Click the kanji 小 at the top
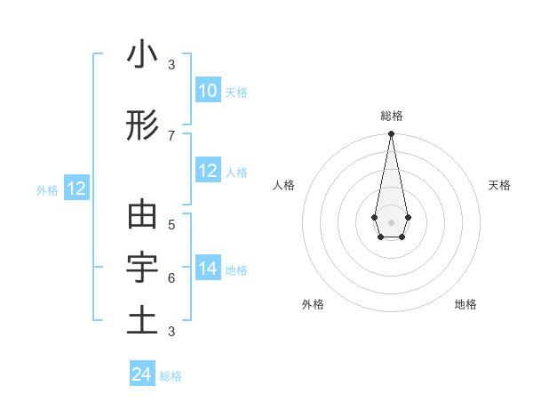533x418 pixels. point(142,55)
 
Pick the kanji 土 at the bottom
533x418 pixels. point(142,320)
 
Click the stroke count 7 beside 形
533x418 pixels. point(171,135)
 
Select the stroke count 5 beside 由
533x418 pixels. point(171,224)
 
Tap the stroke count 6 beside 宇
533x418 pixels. point(171,277)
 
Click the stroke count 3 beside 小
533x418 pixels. point(171,65)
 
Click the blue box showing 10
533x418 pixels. point(207,91)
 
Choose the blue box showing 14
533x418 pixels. point(207,269)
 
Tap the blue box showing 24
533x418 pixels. point(141,374)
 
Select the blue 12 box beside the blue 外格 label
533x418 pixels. point(76,189)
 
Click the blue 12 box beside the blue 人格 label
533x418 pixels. point(207,171)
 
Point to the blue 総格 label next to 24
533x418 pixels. point(171,376)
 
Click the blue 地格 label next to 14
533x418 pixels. point(236,270)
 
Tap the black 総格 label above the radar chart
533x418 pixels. point(391,116)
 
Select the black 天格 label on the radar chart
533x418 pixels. point(499,185)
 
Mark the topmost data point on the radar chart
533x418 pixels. point(391,134)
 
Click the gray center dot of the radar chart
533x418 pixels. point(391,221)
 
